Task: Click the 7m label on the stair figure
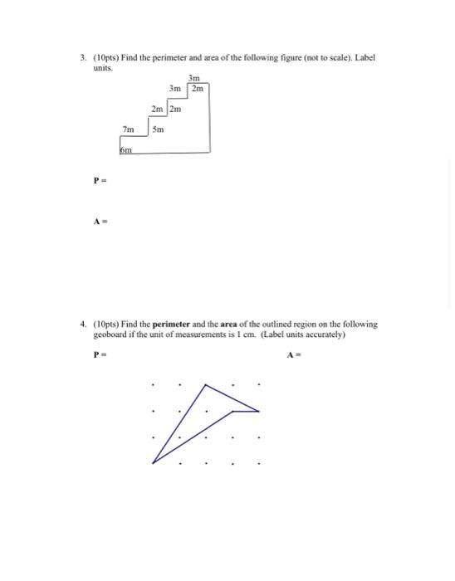[x=128, y=129]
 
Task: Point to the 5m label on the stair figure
[x=159, y=129]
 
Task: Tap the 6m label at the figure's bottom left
[x=126, y=150]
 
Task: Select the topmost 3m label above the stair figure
[x=194, y=78]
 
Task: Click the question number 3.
[x=82, y=58]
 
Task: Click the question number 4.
[x=82, y=325]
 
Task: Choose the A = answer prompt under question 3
[x=98, y=221]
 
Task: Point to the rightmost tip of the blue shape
[x=259, y=410]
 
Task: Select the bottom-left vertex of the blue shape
[x=154, y=461]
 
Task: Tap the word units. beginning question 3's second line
[x=103, y=68]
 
